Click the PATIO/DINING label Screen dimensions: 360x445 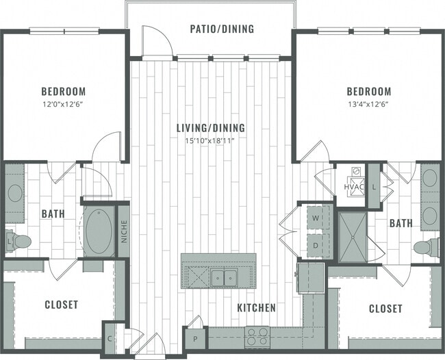221,29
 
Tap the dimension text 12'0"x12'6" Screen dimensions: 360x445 63,104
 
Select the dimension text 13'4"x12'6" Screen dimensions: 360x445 368,104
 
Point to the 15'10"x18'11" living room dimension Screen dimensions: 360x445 211,140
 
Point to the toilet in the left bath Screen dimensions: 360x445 21,241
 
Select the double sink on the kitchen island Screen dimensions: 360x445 223,277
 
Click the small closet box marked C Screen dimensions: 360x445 110,337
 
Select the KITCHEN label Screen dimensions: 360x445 256,308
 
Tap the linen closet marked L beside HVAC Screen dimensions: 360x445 374,185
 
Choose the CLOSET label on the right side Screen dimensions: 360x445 385,309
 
